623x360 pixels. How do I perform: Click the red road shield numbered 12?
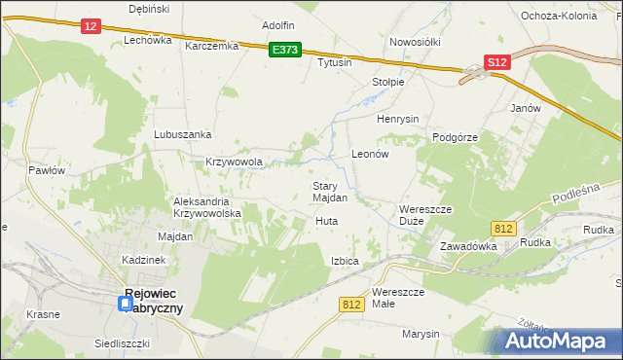(91, 27)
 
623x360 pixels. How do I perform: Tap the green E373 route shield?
(286, 50)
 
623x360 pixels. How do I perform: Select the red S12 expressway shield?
(497, 62)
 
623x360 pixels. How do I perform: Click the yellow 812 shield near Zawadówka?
(502, 228)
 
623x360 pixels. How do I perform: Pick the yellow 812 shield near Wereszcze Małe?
(352, 305)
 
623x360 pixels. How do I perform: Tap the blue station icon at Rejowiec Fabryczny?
(126, 304)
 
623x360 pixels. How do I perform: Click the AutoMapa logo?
(559, 342)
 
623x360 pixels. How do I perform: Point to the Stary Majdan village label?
(330, 192)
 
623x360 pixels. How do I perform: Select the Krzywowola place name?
(235, 162)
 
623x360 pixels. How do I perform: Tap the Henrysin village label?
(397, 119)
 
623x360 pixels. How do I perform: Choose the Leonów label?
(370, 155)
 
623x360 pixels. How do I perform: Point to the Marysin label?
(421, 334)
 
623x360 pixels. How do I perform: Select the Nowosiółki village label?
(416, 42)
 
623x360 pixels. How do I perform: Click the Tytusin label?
(334, 62)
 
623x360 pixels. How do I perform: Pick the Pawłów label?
(46, 169)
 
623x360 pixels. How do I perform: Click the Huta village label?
(326, 222)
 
